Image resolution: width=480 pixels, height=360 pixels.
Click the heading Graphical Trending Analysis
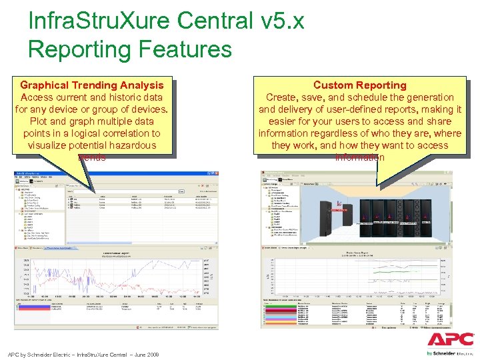coord(92,85)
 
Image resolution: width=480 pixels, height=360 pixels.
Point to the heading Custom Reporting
coord(359,85)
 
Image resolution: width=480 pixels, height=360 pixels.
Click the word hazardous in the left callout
coord(129,145)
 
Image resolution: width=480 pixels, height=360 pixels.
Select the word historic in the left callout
coord(121,97)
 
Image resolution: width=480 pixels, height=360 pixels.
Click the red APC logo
coord(451,340)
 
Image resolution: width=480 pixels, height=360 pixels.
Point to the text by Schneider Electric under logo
coord(451,353)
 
